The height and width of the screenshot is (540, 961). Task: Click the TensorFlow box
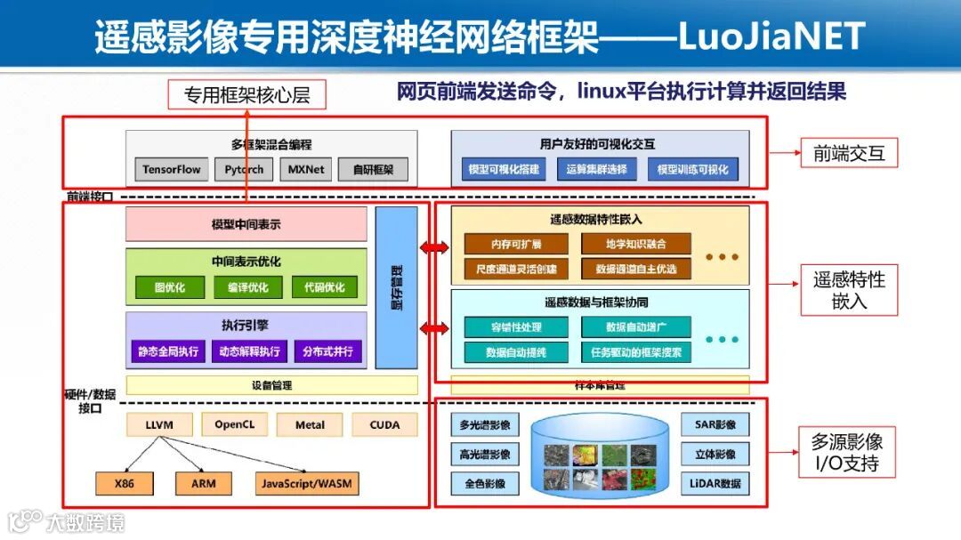172,169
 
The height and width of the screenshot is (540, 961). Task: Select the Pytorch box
244,169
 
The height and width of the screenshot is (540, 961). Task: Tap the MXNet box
306,169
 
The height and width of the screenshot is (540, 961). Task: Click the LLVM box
160,425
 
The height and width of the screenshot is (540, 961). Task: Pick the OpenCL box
235,425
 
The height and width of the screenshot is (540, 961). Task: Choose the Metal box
310,425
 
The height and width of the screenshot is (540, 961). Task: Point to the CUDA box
384,425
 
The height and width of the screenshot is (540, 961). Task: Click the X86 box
125,484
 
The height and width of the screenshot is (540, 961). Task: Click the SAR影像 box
715,424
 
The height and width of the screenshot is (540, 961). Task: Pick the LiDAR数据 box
715,484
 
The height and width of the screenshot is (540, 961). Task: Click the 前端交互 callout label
848,153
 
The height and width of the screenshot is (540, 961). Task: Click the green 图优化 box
169,287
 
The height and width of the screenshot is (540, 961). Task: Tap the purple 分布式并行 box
327,351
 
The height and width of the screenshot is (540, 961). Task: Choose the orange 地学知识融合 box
635,244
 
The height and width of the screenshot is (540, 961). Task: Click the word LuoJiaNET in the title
771,36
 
